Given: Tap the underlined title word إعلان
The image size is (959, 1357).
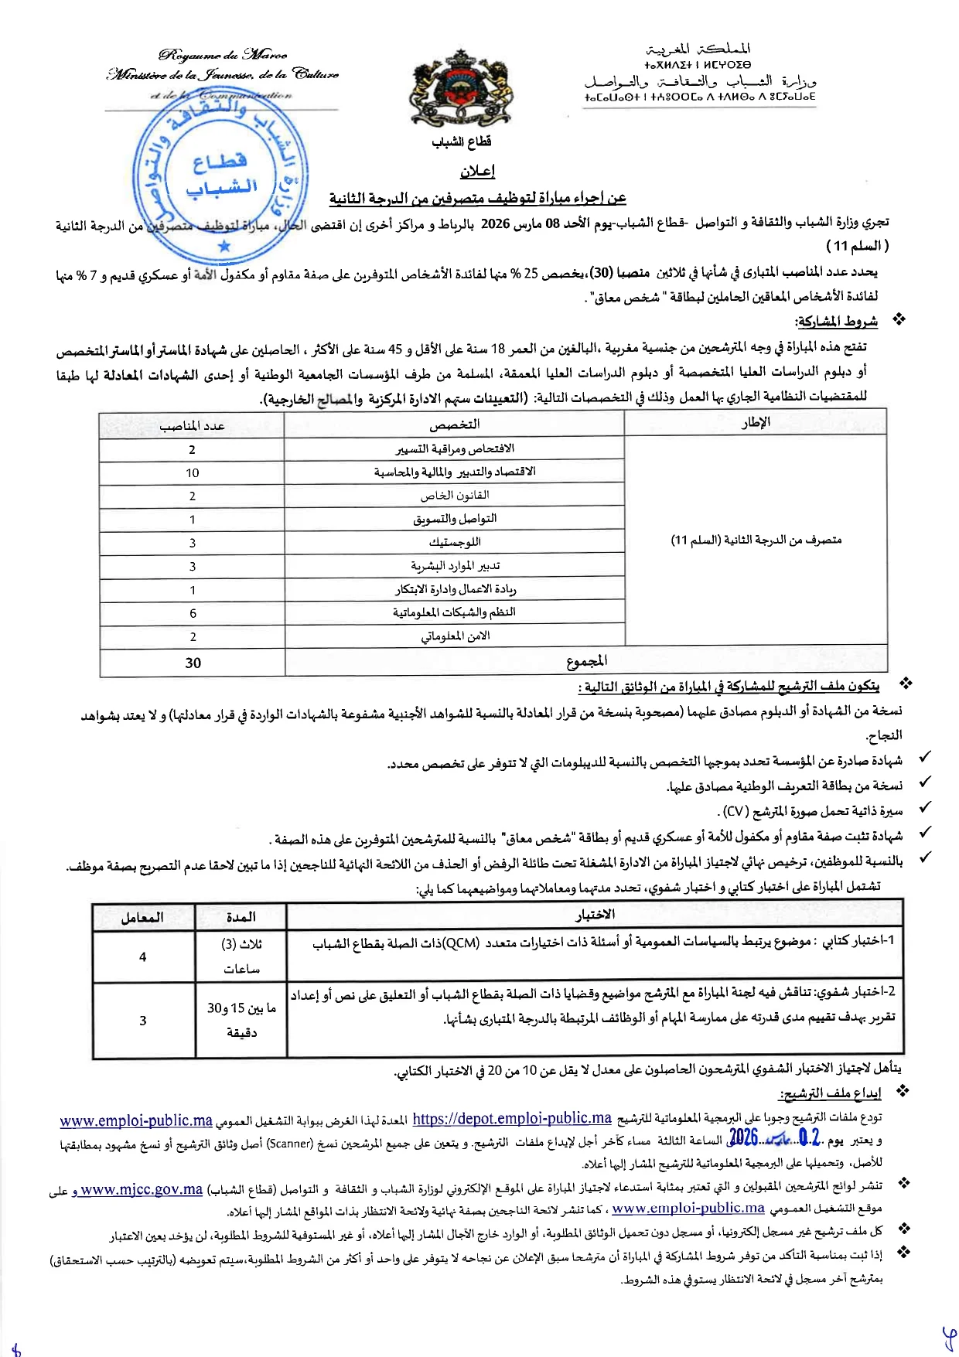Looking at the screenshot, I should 477,171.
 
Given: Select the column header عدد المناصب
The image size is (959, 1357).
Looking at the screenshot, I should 192,426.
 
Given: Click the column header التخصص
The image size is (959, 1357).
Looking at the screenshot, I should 454,424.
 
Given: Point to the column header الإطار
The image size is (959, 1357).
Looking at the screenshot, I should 755,423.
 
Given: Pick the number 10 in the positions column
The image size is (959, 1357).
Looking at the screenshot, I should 193,473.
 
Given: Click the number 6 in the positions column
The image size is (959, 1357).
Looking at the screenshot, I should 193,613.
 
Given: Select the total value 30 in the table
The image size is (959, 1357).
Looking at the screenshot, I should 193,663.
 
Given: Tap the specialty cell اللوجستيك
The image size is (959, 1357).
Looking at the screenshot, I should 455,543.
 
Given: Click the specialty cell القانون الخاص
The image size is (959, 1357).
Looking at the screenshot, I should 455,496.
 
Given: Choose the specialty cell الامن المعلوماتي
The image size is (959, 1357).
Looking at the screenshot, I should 455,636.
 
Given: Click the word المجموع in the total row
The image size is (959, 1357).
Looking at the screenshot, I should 586,661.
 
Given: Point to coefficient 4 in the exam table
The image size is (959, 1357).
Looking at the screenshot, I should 142,957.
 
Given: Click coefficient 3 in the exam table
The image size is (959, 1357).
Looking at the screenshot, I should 142,1021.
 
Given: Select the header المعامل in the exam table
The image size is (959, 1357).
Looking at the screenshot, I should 142,917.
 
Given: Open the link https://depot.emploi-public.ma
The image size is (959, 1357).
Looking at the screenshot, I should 512,1119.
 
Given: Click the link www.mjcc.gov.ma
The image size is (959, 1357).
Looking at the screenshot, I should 142,1190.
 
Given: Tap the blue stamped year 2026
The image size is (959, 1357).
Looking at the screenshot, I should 743,1137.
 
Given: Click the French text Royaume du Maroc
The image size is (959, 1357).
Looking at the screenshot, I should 223,55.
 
